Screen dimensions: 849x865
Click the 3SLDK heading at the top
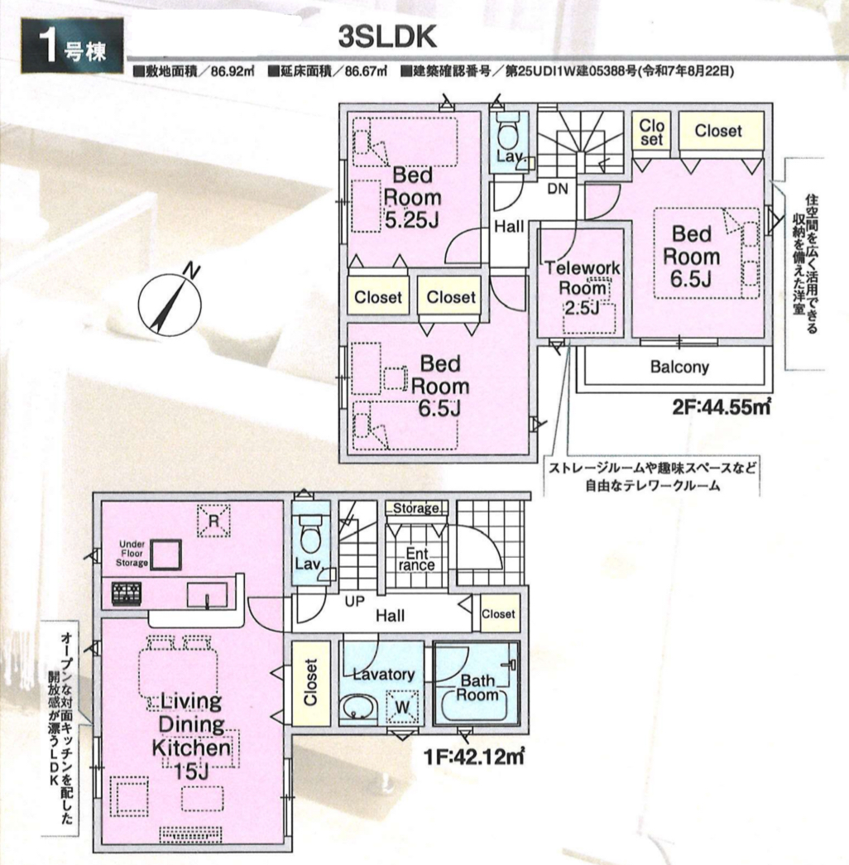(x=387, y=37)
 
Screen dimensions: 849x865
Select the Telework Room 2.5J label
(x=582, y=287)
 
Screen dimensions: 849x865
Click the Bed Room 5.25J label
(x=412, y=198)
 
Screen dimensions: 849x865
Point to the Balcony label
(x=679, y=367)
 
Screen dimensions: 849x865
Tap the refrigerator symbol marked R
(x=213, y=520)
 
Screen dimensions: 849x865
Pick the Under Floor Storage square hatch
(x=166, y=555)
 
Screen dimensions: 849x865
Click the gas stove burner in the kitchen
(x=127, y=593)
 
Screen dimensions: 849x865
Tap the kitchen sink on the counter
(x=207, y=594)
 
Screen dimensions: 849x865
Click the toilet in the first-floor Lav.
(x=309, y=534)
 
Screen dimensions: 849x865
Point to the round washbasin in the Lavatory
(x=358, y=707)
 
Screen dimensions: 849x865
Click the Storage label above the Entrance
(x=416, y=508)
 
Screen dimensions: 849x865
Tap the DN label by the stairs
(x=557, y=189)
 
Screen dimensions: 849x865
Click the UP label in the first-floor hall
(x=355, y=601)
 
